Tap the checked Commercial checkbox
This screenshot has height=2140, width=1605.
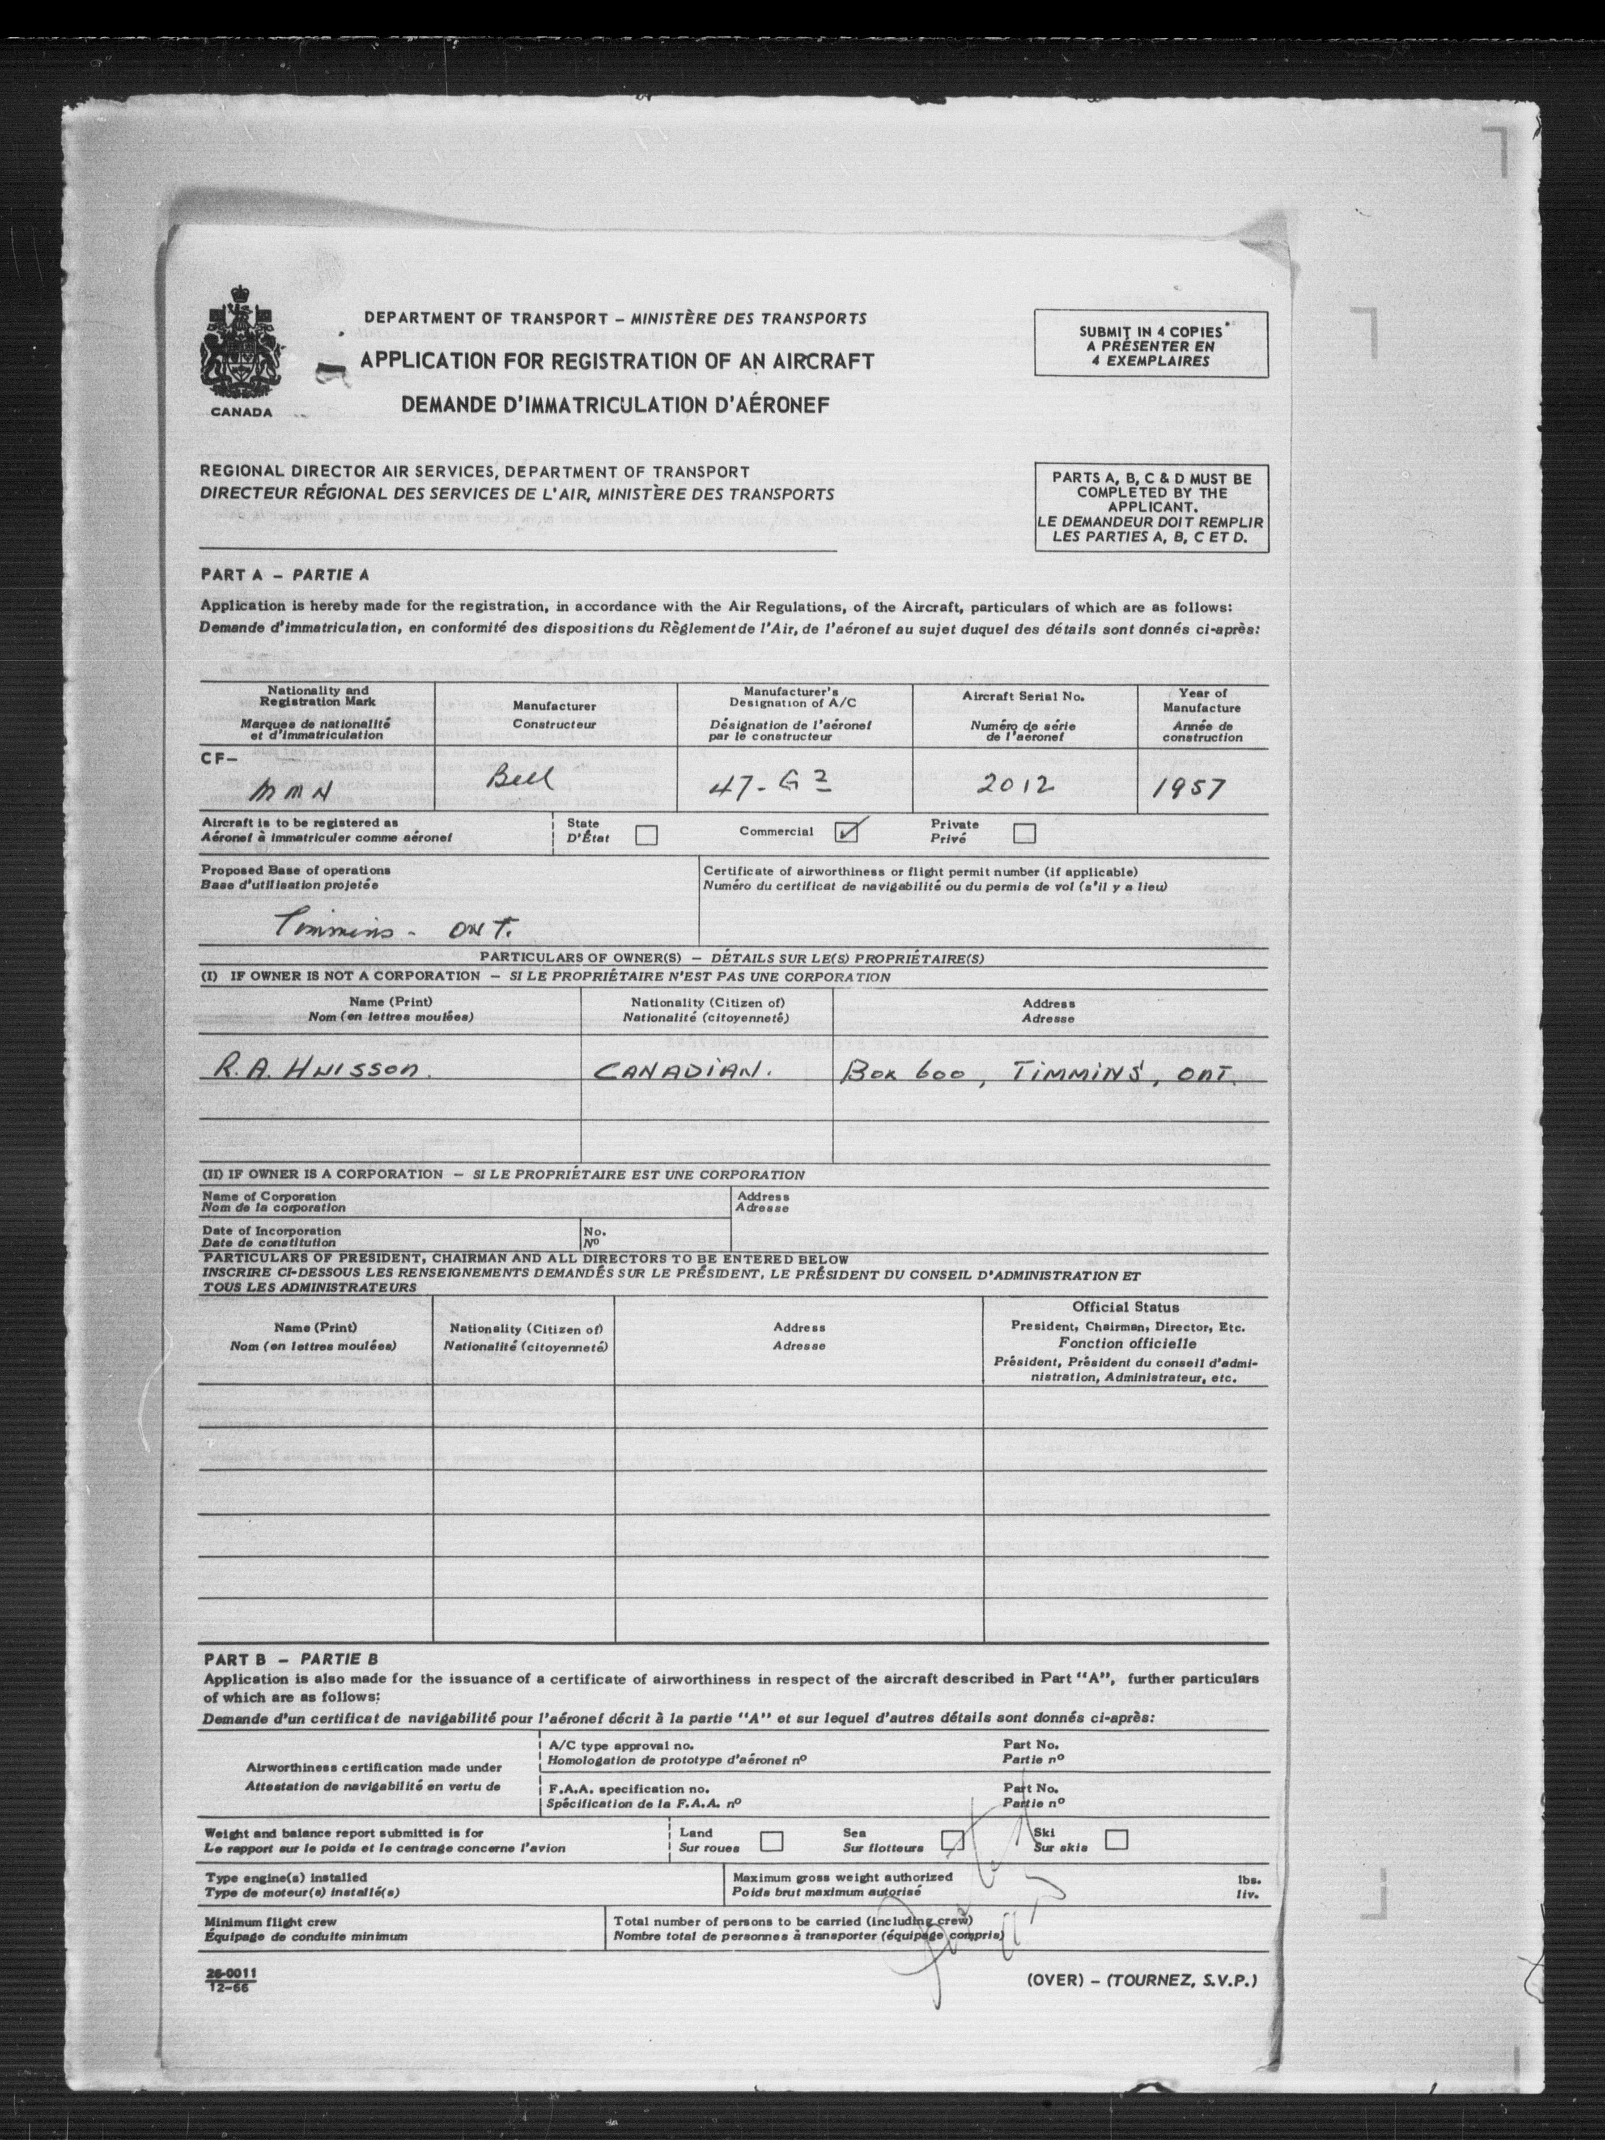(847, 831)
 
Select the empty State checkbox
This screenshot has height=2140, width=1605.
(646, 834)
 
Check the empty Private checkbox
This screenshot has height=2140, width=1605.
(1024, 832)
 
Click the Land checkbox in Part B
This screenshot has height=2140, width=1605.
(771, 1840)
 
